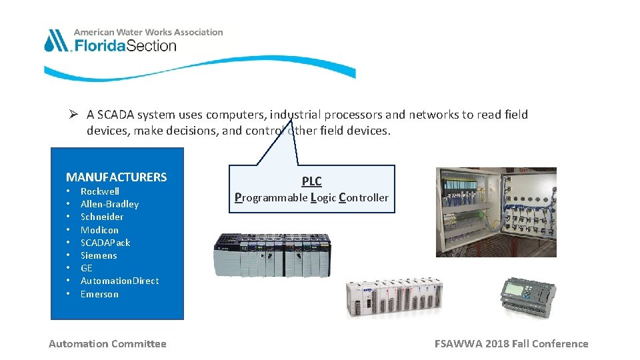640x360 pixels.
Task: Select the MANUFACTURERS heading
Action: click(x=116, y=177)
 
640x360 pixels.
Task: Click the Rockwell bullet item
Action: click(x=100, y=191)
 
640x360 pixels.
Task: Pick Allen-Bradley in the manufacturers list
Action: click(x=109, y=204)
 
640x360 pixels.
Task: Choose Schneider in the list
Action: click(x=102, y=217)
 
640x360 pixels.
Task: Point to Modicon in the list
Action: click(x=99, y=230)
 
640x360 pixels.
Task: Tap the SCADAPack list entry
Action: click(x=105, y=243)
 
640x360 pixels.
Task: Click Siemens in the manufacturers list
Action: click(x=99, y=255)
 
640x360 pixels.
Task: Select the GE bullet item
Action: click(x=87, y=268)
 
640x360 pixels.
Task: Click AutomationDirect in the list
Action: click(x=119, y=281)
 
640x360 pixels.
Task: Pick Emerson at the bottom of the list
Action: click(x=99, y=294)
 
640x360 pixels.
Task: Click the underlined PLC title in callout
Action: click(x=311, y=181)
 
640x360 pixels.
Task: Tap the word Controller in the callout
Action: click(x=364, y=197)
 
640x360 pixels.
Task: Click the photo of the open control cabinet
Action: click(x=496, y=212)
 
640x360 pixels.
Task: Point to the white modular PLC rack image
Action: click(x=393, y=297)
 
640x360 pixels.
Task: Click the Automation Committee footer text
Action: click(x=107, y=344)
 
